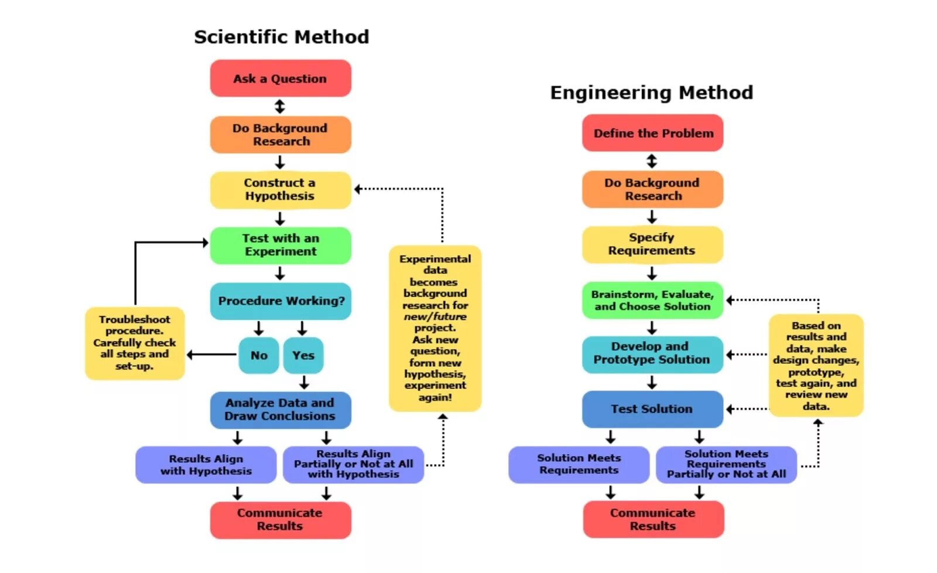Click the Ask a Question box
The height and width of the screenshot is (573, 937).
[x=281, y=79]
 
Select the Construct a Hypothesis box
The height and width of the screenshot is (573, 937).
[x=281, y=190]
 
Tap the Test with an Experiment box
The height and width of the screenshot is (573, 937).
[x=281, y=245]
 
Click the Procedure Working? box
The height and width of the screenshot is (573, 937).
[x=281, y=301]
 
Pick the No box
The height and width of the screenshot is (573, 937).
[x=259, y=355]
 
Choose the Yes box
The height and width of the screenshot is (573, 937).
[x=303, y=355]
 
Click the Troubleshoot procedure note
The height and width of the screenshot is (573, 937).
[x=135, y=343]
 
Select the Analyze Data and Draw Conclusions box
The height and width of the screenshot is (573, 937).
[x=281, y=410]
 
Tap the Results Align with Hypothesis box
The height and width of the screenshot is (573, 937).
[x=206, y=465]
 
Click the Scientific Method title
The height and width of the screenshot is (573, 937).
[x=282, y=37]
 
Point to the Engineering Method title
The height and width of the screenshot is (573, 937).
[x=651, y=93]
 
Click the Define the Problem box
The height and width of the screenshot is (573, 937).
[x=653, y=133]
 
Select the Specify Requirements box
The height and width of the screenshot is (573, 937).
[x=652, y=244]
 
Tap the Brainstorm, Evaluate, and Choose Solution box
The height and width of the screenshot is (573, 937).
[x=652, y=301]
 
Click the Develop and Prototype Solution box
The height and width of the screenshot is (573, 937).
[x=652, y=353]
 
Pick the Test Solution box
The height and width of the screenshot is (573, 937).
[x=652, y=409]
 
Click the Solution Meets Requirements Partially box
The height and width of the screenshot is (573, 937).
[x=726, y=465]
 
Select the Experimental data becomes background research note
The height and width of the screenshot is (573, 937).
[x=435, y=328]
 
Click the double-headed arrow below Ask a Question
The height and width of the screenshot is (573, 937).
[x=280, y=107]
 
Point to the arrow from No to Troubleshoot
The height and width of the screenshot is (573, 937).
[x=211, y=354]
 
